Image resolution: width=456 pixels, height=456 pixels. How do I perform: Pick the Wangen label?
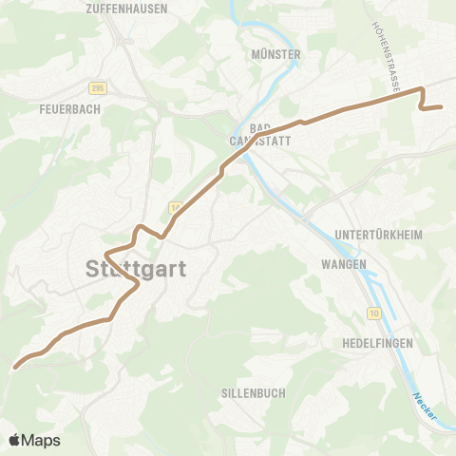tap(344, 264)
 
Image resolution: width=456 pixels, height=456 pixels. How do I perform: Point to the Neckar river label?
tap(423, 408)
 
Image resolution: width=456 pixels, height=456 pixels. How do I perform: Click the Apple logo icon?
tap(15, 440)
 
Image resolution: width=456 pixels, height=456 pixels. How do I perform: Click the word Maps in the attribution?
tap(41, 440)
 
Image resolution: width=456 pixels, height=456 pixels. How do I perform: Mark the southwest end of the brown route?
tap(15, 367)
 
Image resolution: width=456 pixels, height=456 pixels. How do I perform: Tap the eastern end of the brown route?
tap(442, 107)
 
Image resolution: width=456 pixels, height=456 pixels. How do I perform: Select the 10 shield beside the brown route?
tap(176, 207)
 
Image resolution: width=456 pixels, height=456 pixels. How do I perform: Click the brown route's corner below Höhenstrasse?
tap(421, 91)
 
